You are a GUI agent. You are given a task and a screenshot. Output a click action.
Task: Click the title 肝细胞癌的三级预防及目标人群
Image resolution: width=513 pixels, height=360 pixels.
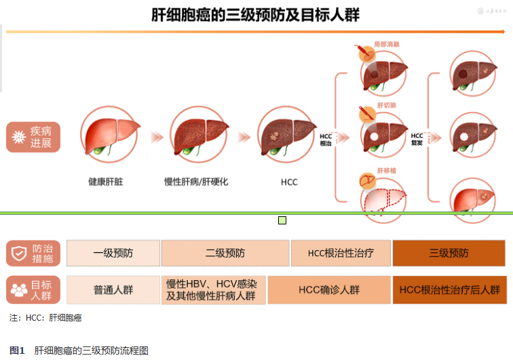(x=256, y=14)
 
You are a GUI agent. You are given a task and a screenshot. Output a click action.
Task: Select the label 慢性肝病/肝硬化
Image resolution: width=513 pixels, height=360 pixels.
(x=197, y=182)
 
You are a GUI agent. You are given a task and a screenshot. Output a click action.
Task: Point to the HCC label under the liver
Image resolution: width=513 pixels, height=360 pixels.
(x=289, y=182)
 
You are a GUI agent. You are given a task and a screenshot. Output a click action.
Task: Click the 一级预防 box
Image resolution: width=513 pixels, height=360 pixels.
(x=113, y=253)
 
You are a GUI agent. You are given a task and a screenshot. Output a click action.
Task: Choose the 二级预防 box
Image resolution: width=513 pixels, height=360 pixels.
(x=225, y=253)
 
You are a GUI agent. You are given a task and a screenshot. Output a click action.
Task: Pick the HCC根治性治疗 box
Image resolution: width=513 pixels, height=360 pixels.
(x=341, y=253)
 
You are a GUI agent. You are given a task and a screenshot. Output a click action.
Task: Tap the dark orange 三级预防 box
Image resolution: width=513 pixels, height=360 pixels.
(x=449, y=253)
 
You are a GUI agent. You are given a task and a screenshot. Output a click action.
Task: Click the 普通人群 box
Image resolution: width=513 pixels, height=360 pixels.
(x=113, y=289)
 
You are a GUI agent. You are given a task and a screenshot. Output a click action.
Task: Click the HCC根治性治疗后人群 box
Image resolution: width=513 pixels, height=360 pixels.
(x=449, y=289)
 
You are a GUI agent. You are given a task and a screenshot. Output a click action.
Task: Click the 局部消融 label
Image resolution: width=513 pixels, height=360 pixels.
(x=387, y=44)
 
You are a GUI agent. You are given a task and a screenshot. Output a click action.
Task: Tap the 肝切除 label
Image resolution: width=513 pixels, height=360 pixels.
(x=385, y=106)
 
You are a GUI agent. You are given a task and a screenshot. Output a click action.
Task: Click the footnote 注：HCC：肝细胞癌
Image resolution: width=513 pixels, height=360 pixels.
(x=45, y=317)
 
